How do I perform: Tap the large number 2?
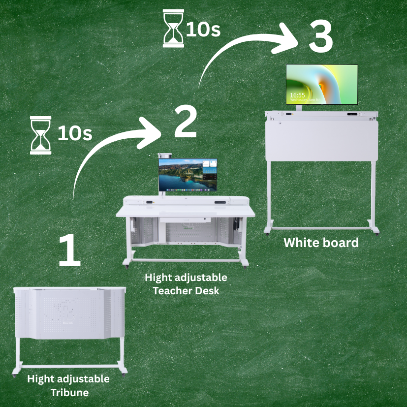[186, 122]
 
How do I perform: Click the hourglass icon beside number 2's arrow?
[40, 135]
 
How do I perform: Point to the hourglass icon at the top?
[173, 28]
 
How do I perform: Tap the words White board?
[321, 243]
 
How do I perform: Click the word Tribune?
[69, 392]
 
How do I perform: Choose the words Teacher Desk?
[186, 291]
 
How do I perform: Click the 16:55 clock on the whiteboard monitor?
[297, 95]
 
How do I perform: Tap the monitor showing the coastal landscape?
[188, 175]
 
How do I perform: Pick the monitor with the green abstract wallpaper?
[322, 84]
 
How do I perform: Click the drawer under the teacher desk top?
[185, 220]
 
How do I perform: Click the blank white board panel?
[321, 140]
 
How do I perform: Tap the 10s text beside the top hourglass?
[203, 30]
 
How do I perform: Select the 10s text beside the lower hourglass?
[75, 133]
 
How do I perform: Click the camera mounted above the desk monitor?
[164, 155]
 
